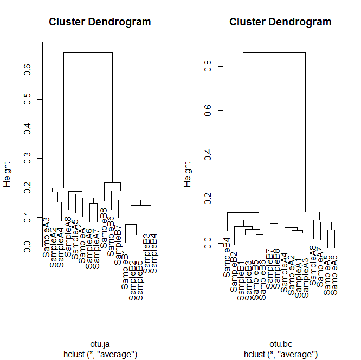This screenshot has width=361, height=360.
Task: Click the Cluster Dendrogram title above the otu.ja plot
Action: point(100,22)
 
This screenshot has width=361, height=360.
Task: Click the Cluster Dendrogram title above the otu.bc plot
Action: point(280,22)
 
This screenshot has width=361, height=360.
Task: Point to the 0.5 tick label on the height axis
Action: point(29,100)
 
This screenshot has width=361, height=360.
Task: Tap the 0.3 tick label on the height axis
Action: point(29,159)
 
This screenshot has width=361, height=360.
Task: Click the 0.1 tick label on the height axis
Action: point(29,218)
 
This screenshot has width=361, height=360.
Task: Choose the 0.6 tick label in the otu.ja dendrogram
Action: point(29,70)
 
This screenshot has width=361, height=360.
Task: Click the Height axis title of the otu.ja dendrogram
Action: point(8,176)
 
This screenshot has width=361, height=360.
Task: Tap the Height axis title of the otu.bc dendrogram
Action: point(188,176)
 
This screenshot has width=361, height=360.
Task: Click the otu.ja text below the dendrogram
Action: point(100,344)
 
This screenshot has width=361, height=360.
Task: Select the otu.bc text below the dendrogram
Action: point(280,344)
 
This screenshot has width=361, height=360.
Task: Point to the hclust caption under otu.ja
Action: point(100,354)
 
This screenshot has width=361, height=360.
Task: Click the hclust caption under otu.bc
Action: point(280,354)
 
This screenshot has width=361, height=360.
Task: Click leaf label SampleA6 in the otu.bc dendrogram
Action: point(334,275)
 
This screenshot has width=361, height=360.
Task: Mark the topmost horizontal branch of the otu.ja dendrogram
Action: point(88,53)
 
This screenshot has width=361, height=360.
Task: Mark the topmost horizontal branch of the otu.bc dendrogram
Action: point(274,53)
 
